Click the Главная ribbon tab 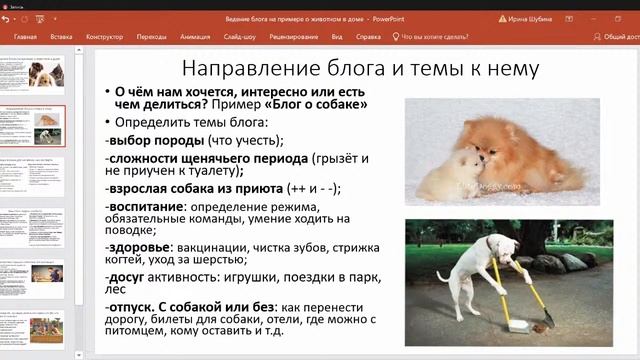pos(26,36)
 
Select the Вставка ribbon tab pos(61,36)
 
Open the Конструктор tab pos(104,36)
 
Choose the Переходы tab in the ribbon pos(151,36)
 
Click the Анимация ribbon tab pos(195,36)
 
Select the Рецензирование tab pos(294,36)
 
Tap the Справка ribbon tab pos(368,36)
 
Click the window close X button pos(627,8)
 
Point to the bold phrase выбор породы pos(150,140)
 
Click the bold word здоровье pos(140,246)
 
